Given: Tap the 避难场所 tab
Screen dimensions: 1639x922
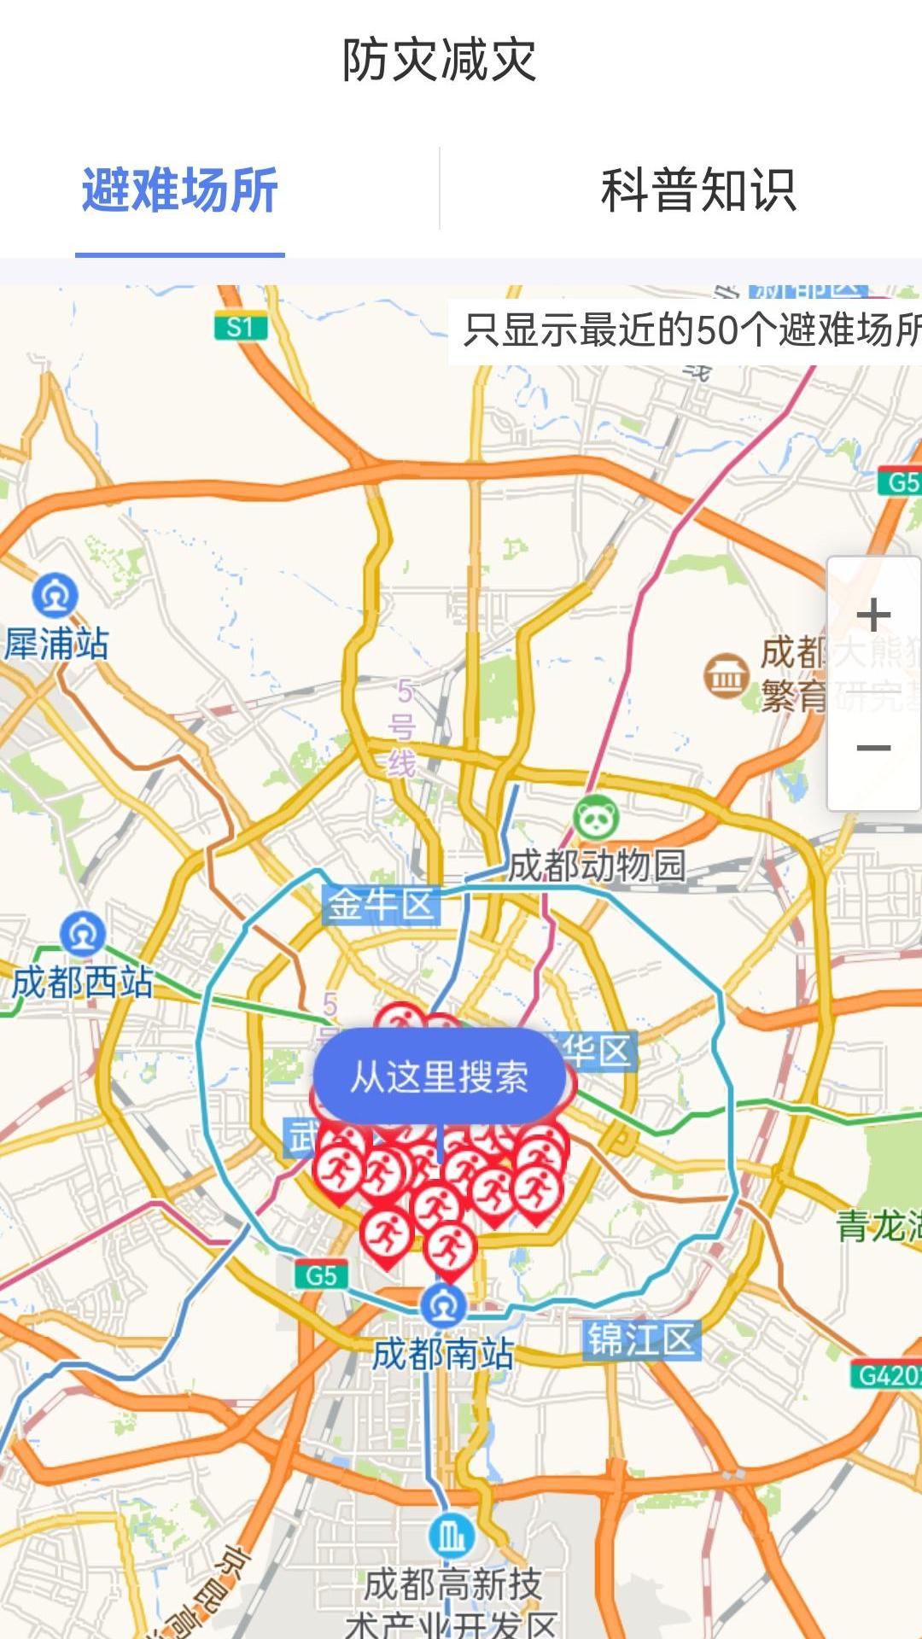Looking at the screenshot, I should [x=180, y=190].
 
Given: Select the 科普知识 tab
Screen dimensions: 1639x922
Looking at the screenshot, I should [x=698, y=190].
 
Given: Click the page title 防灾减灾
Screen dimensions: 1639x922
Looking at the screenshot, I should [x=439, y=60].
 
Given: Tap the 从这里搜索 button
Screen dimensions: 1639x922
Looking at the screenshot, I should [x=440, y=1076].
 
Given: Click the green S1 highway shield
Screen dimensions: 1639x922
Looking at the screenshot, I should [x=240, y=327].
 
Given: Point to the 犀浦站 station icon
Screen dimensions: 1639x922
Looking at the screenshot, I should [x=55, y=596].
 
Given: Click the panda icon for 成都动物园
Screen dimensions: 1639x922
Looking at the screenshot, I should [x=596, y=819].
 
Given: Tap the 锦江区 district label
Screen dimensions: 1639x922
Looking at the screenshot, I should [x=642, y=1340].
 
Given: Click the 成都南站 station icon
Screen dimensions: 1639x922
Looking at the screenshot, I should [x=443, y=1305].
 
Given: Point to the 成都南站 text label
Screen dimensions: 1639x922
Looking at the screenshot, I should [x=443, y=1354].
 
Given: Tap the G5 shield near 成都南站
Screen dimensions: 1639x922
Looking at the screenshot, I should [x=321, y=1275].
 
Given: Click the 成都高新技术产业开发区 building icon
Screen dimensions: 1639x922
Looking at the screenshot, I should [x=451, y=1537].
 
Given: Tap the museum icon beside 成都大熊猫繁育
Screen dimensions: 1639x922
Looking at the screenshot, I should [x=726, y=676].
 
